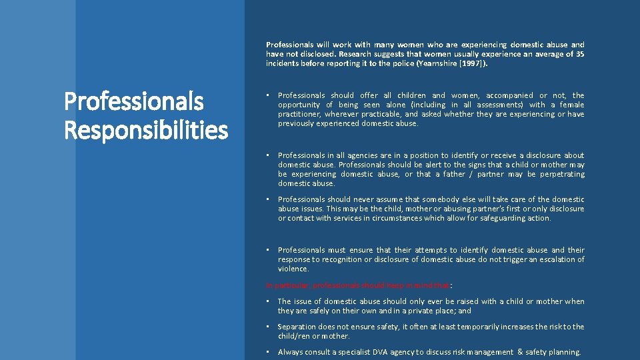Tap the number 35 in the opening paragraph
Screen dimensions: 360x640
579,55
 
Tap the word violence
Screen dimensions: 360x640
293,269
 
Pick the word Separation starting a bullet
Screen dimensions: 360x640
297,327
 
